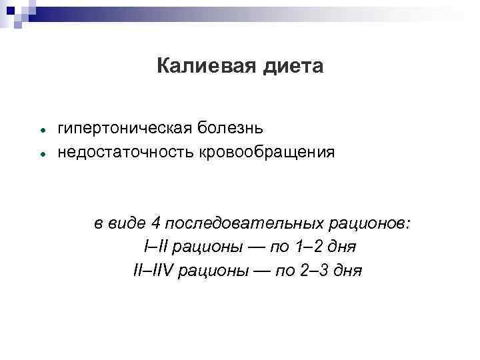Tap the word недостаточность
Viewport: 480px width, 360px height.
[124, 152]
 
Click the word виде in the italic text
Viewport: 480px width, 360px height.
[127, 223]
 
